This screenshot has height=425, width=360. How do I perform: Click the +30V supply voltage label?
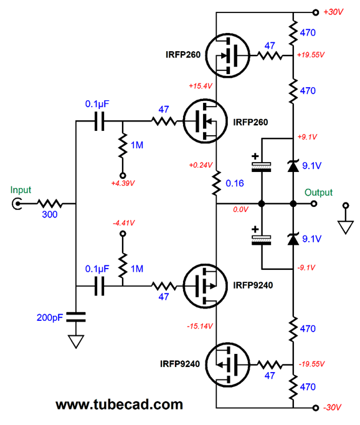[x=333, y=12]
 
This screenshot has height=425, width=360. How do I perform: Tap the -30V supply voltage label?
[x=332, y=408]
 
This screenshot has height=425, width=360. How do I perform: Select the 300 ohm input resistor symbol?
[x=50, y=204]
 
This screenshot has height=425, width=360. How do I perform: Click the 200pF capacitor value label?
[x=50, y=317]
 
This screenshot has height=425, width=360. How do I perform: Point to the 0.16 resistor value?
[x=235, y=183]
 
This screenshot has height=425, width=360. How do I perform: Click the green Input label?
[x=21, y=190]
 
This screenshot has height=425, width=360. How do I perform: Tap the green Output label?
[x=318, y=193]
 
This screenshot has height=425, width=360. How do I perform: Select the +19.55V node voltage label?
[x=311, y=55]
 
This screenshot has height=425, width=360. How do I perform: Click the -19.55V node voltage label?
[x=311, y=364]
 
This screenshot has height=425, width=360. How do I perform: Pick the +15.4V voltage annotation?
[x=201, y=86]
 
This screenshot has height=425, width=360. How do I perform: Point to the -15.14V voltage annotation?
[x=200, y=326]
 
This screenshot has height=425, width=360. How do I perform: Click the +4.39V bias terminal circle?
[x=123, y=175]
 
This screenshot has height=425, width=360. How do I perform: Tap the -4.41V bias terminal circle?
[x=123, y=233]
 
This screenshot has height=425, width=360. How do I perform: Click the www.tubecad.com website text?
[x=119, y=404]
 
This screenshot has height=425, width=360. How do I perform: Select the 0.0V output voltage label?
[x=240, y=209]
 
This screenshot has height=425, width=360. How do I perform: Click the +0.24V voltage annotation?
[x=201, y=165]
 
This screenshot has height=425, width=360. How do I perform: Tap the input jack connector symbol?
[x=17, y=204]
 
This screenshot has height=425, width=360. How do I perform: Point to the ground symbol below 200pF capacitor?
[x=76, y=341]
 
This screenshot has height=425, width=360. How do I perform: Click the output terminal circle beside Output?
[x=314, y=204]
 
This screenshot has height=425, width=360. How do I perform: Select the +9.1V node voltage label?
[x=307, y=137]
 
